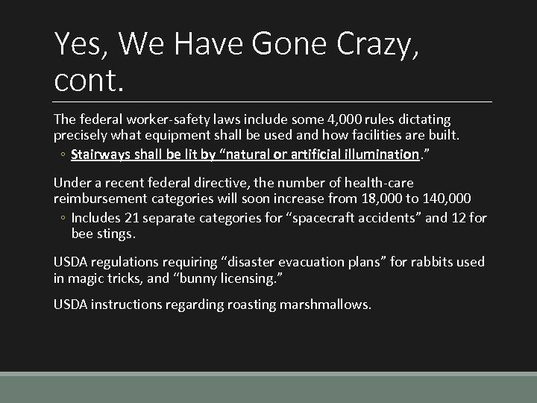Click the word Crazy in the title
coord(365,46)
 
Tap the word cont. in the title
coord(89,78)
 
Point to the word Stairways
coord(101,154)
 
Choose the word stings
coord(116,234)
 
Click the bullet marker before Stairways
coord(63,155)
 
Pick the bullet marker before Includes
coord(63,219)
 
